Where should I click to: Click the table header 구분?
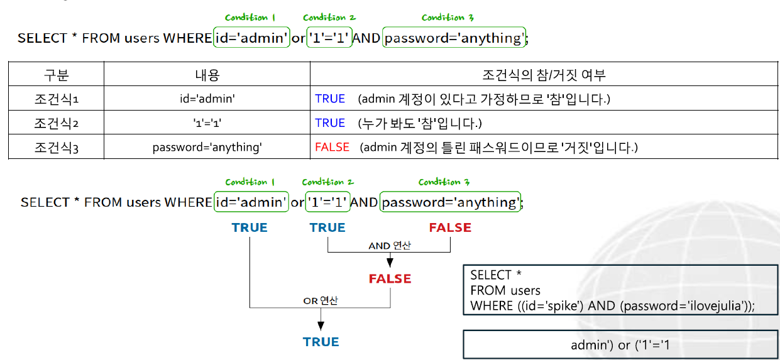point(56,76)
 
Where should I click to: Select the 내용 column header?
point(207,76)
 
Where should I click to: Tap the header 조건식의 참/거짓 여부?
point(544,76)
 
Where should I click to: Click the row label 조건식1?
point(56,99)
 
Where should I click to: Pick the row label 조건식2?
point(56,123)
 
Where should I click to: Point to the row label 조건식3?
point(56,148)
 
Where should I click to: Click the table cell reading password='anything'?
point(207,148)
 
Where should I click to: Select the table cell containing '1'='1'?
point(207,123)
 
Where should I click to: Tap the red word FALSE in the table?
point(332,147)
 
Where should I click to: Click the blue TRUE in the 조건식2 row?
point(330,123)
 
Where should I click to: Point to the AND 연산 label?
point(390,245)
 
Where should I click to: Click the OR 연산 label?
point(321,300)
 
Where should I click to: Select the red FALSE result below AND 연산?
point(390,278)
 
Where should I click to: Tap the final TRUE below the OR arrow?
point(321,342)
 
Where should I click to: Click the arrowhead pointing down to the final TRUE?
point(321,326)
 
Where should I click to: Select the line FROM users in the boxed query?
point(505,290)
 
